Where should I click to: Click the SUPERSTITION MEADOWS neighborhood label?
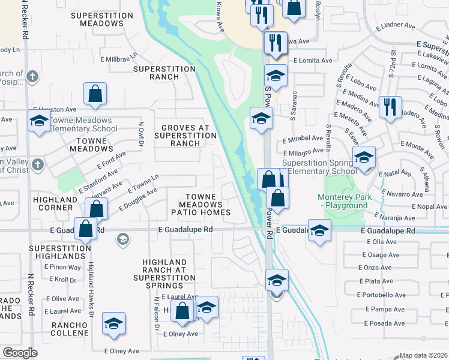(101, 19)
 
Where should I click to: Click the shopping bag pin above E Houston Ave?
(95, 94)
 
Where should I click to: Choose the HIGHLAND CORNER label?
(53, 204)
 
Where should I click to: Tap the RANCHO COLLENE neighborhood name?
(70, 329)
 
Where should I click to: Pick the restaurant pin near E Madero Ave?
(390, 107)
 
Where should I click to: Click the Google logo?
(20, 353)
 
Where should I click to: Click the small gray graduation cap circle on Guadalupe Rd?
(122, 239)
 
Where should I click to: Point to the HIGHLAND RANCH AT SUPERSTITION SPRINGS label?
(169, 270)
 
